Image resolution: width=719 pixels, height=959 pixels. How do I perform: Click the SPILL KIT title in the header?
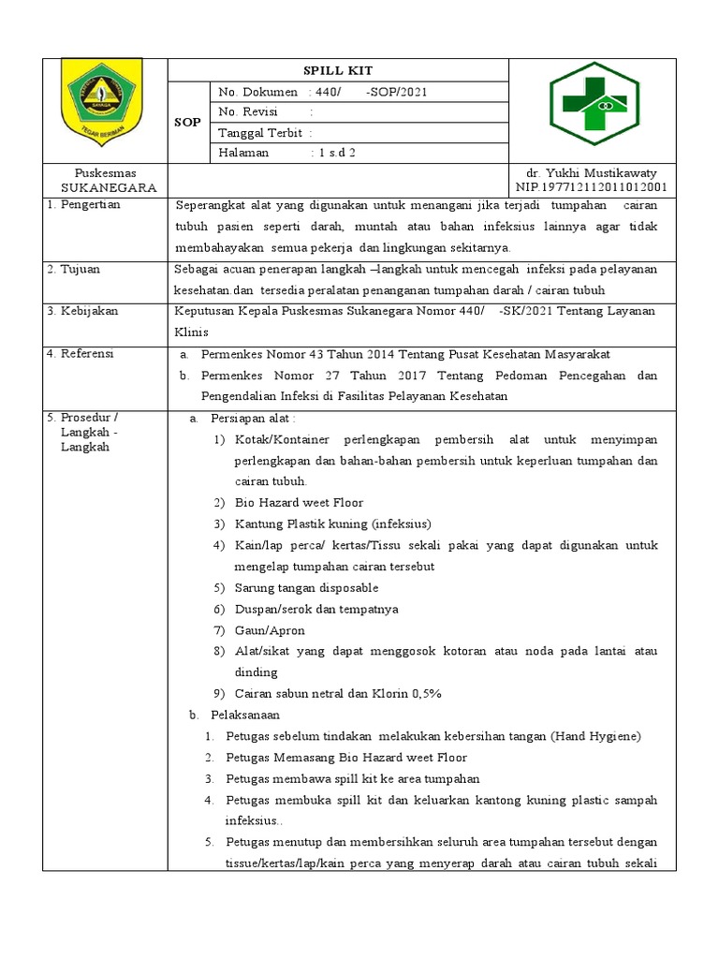(337, 71)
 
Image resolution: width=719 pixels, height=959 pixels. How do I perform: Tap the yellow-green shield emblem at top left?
(101, 98)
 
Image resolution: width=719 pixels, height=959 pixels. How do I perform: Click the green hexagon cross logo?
(593, 109)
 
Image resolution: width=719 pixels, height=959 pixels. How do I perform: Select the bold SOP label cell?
(188, 123)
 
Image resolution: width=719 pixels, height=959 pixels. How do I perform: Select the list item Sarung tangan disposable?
(306, 587)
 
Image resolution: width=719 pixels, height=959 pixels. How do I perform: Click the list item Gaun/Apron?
(270, 630)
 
